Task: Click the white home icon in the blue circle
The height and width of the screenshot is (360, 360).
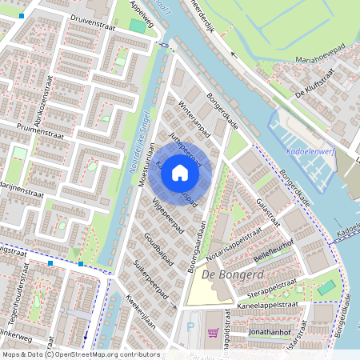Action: [x=180, y=173]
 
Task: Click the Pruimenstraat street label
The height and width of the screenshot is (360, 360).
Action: [x=32, y=129]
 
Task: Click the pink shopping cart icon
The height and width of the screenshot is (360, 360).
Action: [x=212, y=333]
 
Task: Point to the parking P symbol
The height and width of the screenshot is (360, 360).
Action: [x=190, y=327]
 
